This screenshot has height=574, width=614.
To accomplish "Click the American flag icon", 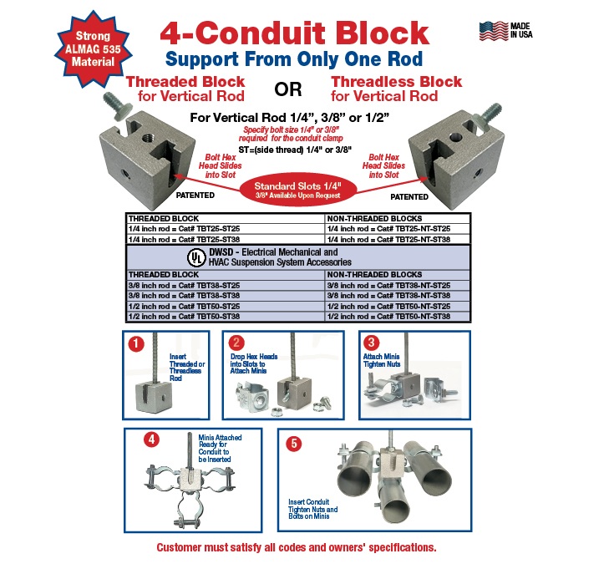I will point(492,31).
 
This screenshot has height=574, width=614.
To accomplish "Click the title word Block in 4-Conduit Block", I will point(373,33).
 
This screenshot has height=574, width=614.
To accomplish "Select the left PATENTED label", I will point(195,196).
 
